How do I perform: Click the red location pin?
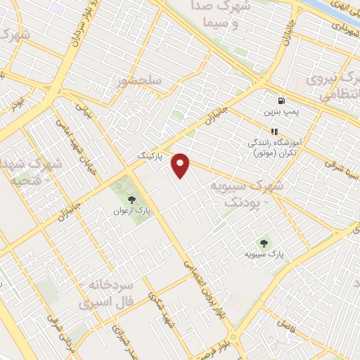(x=182, y=165)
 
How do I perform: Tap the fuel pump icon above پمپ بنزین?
(x=281, y=101)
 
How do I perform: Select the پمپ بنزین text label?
(x=281, y=112)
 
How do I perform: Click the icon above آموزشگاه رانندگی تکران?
(x=274, y=131)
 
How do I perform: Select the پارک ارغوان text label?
(x=134, y=210)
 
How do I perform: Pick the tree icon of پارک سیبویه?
(x=264, y=243)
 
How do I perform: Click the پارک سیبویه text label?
(x=264, y=253)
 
